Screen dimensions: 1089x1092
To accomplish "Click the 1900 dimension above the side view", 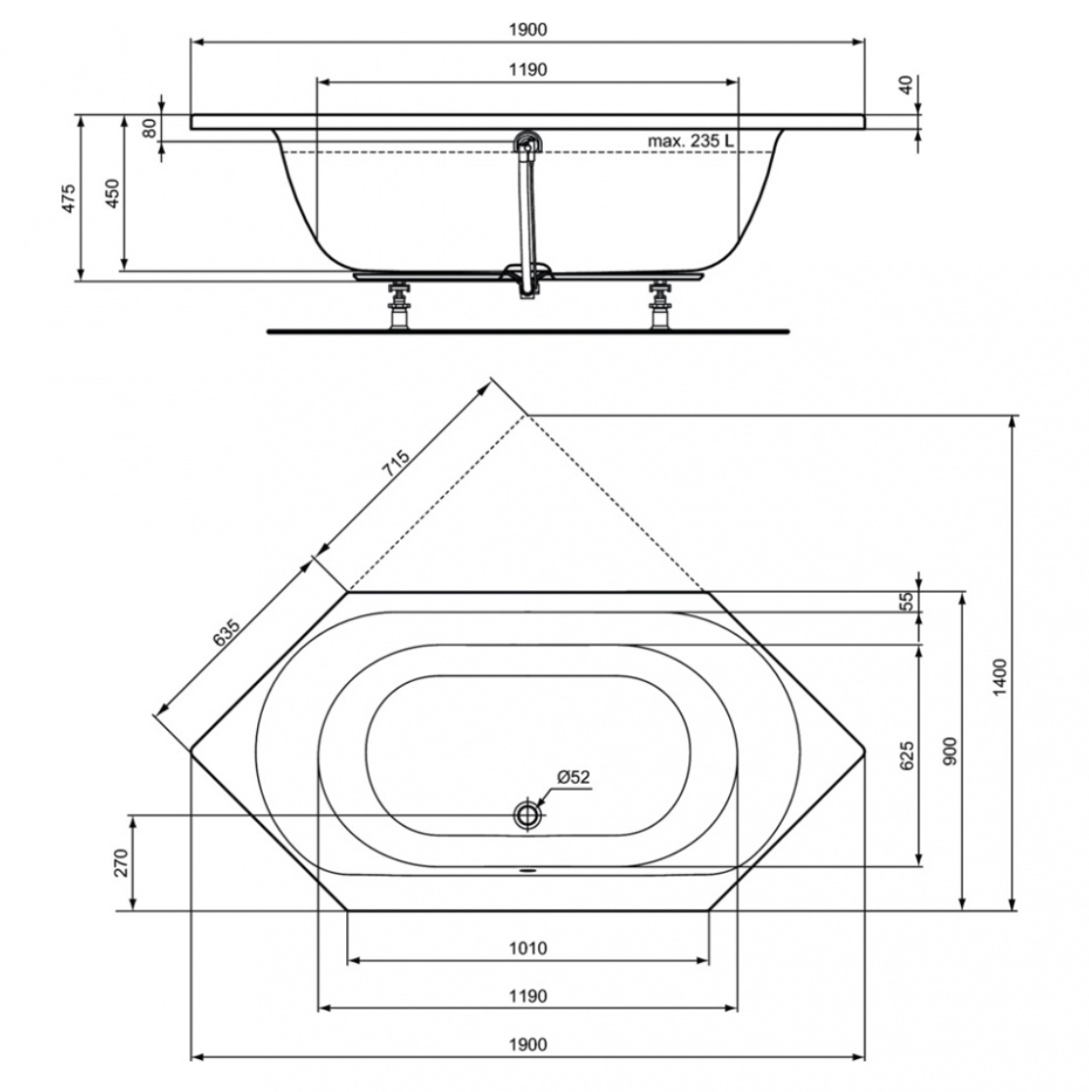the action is tap(528, 29).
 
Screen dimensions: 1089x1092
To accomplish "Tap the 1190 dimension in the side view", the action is tap(528, 70).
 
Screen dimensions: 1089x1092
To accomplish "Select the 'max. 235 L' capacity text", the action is tap(690, 140).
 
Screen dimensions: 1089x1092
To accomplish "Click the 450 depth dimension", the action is tap(112, 193).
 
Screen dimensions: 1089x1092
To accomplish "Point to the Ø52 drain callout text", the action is tap(573, 776).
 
